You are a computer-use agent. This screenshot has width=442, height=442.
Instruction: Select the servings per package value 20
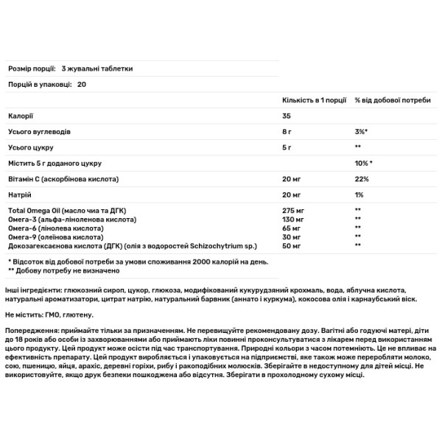[x=81, y=85]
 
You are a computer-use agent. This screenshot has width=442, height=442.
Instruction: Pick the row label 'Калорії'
[x=20, y=116]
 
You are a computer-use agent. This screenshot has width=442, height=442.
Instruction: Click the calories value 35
[x=288, y=116]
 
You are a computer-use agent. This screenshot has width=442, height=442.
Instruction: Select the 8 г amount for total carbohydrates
[x=288, y=132]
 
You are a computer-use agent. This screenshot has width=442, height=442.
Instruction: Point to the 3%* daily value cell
[x=362, y=132]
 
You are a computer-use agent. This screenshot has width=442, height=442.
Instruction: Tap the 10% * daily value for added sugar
[x=365, y=163]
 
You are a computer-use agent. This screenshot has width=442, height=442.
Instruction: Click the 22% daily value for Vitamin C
[x=361, y=179]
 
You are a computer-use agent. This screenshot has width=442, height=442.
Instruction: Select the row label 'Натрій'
[x=19, y=195]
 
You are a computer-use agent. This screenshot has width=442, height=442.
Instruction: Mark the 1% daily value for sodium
[x=359, y=195]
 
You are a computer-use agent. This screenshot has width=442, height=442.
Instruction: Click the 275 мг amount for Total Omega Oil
[x=293, y=211]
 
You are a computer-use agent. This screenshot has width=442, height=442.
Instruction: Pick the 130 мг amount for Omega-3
[x=293, y=220]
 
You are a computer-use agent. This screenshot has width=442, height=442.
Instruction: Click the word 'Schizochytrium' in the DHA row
[x=222, y=246]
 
